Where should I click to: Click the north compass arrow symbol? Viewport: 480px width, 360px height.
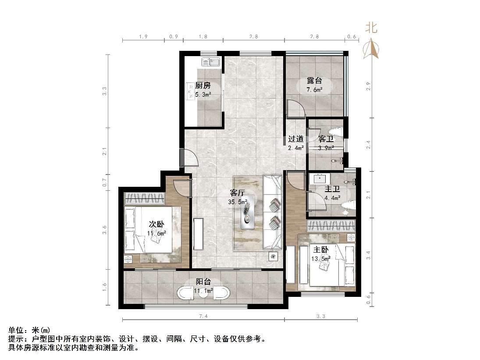pyautogui.click(x=372, y=48)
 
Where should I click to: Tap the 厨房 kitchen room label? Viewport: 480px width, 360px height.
pyautogui.click(x=203, y=86)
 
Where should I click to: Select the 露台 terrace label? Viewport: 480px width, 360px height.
pyautogui.click(x=314, y=81)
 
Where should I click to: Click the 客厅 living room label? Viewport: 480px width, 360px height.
pyautogui.click(x=238, y=193)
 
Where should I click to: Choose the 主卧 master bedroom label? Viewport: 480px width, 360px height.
pyautogui.click(x=320, y=249)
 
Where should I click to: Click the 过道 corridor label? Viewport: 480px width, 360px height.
pyautogui.click(x=295, y=139)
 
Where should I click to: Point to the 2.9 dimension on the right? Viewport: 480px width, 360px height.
pyautogui.click(x=370, y=86)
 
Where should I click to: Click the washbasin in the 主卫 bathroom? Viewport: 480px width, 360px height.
pyautogui.click(x=317, y=179)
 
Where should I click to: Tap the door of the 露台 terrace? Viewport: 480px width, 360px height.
pyautogui.click(x=295, y=109)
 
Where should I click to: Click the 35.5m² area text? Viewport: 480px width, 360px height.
pyautogui.click(x=238, y=202)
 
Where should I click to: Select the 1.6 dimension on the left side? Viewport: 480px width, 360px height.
pyautogui.click(x=104, y=287)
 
